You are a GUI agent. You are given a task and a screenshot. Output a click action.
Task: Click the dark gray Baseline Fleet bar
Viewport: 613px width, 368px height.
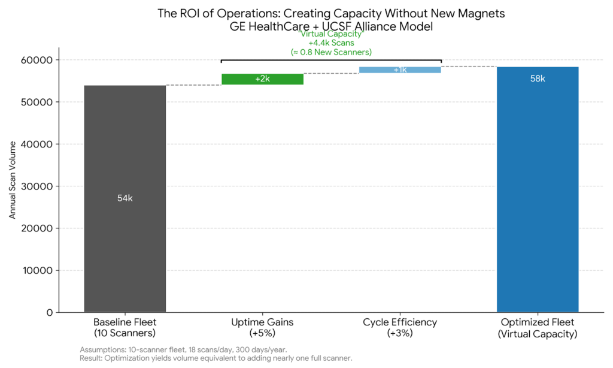coord(125,240)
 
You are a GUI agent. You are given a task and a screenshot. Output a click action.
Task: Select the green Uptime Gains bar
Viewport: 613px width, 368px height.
coord(262,79)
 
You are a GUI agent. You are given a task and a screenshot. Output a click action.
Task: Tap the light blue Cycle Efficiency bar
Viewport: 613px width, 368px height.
coord(400,70)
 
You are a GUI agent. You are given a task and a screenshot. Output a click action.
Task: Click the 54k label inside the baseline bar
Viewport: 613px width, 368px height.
coord(125,198)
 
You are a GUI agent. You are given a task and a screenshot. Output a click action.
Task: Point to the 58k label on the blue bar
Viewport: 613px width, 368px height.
coord(538,79)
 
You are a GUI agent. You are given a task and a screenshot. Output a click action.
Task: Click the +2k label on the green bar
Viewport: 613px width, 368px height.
coord(262,79)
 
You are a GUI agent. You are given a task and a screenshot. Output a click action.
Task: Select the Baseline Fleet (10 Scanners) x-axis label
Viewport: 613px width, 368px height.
coord(125,328)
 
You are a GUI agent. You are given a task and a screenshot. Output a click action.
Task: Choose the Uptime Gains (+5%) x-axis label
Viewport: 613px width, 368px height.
coord(262,328)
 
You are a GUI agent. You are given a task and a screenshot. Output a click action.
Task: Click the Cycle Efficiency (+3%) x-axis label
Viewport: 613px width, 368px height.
coord(400,328)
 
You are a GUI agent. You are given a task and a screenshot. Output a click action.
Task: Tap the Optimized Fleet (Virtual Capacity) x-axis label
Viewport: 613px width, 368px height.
coord(538,328)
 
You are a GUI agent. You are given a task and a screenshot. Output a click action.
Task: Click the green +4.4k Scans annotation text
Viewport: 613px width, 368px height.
coord(331,43)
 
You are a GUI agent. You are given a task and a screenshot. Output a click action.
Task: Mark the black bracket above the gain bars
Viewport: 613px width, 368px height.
coord(331,60)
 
